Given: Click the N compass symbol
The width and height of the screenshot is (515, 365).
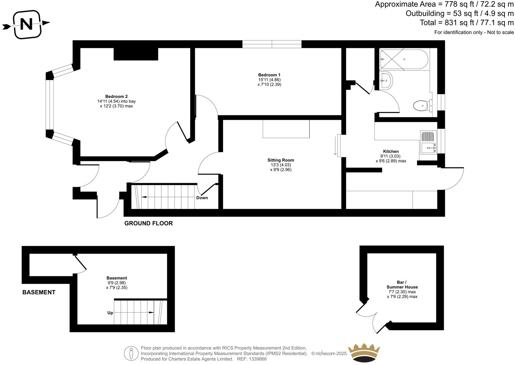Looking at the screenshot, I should click(27, 24).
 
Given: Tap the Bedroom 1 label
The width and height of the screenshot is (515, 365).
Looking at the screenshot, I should click(269, 75).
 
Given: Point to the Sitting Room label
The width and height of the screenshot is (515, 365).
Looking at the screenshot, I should click(280, 160).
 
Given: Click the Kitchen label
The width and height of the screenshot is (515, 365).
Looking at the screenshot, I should click(391, 151).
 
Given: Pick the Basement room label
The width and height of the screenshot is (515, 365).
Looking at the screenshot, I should click(117, 278).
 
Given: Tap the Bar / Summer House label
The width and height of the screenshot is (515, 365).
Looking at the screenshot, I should click(402, 284).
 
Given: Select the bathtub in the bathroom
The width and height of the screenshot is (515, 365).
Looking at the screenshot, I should click(404, 59).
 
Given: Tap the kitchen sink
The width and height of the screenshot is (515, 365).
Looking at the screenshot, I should click(428, 148).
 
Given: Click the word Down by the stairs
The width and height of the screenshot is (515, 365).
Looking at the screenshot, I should click(202, 198).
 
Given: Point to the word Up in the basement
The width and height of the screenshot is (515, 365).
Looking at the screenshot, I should click(110, 313).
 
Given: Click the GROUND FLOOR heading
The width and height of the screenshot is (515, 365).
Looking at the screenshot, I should click(148, 223).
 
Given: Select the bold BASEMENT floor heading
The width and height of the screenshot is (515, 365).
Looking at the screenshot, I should click(39, 292).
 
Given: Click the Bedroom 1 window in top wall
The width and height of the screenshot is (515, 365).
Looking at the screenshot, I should click(272, 44).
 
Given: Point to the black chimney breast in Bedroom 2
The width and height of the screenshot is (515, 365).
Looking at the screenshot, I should click(136, 54).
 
